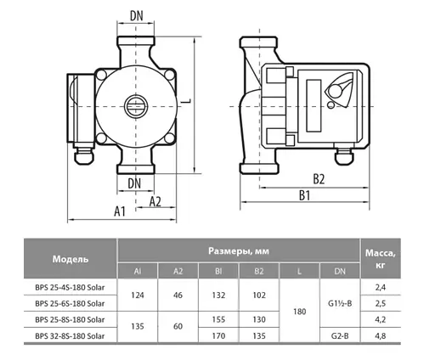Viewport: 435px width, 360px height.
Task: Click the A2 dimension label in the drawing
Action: pyautogui.click(x=155, y=202)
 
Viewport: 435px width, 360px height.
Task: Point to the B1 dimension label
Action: pyautogui.click(x=305, y=195)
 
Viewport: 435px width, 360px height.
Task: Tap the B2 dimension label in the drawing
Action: pyautogui.click(x=319, y=178)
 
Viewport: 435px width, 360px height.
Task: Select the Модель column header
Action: pyautogui.click(x=71, y=259)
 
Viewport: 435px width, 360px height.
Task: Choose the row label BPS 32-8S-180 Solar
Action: pyautogui.click(x=71, y=337)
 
